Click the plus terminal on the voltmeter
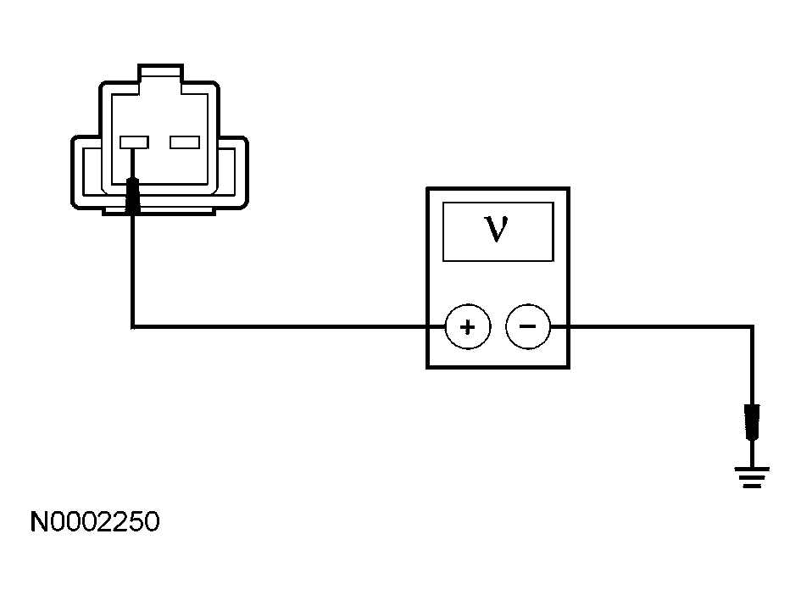(467, 326)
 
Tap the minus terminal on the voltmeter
(527, 325)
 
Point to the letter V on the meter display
(497, 230)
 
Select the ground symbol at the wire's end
(752, 478)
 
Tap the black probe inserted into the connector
(133, 196)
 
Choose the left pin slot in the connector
(135, 142)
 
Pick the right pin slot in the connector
(184, 142)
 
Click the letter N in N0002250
(40, 522)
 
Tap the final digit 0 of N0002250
(150, 522)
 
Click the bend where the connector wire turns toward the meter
(133, 325)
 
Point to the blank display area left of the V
(462, 231)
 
